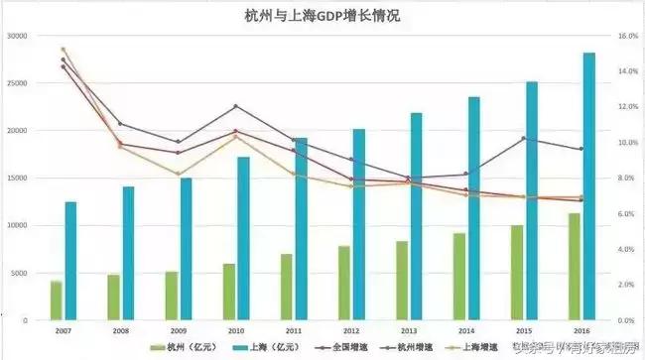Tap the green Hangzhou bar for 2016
574,267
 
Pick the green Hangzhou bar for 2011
286,287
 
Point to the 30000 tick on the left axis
17,36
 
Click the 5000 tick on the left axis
20,274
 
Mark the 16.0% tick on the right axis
628,36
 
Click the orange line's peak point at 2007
63,49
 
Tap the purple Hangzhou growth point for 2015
524,139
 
